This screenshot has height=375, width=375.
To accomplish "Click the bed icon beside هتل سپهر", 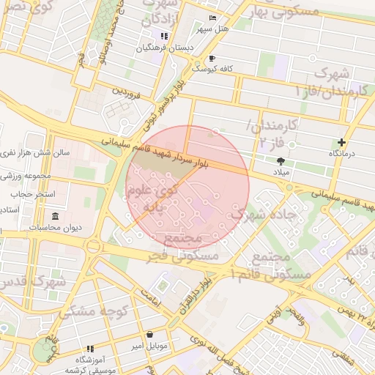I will point(212,18).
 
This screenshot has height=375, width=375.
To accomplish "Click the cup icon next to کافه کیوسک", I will point(212,58).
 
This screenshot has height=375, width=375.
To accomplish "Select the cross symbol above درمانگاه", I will point(341,142).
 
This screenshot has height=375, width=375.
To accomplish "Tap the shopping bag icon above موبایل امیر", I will point(149,333).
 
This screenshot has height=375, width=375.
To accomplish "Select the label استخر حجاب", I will point(29,195).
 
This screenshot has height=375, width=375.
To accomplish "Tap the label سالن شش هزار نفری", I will point(32,153).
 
